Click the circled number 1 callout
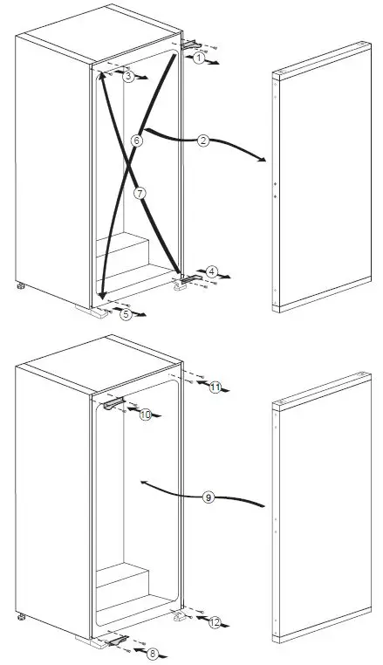tap(200, 58)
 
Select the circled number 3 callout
tap(128, 77)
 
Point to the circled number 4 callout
tap(212, 272)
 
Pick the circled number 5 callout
tap(127, 314)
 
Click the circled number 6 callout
tap(137, 141)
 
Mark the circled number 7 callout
tap(137, 191)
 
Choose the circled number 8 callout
tap(129, 652)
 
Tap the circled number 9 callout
tap(208, 497)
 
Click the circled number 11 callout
tap(215, 387)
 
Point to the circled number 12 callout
tap(215, 621)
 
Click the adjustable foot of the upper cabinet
tap(17, 285)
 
